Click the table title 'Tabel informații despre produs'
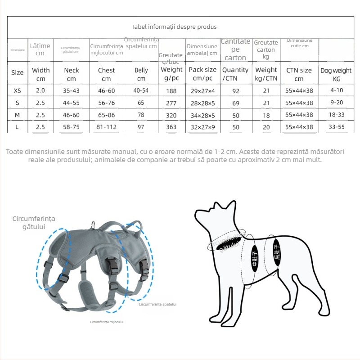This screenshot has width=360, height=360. (x=174, y=27)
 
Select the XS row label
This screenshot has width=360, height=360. (x=17, y=90)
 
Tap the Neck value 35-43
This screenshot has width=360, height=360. (x=72, y=90)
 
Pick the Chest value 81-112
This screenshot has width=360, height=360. (x=106, y=127)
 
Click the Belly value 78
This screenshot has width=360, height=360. (x=141, y=115)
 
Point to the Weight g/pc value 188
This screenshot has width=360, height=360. (x=171, y=90)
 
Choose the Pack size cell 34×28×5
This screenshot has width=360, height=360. (x=202, y=115)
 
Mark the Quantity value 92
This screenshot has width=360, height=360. (x=235, y=90)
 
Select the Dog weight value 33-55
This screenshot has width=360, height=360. (x=336, y=127)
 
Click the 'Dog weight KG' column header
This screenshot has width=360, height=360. (x=336, y=74)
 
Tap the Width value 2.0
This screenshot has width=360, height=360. (x=40, y=90)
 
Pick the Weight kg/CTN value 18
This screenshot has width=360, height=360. (x=266, y=115)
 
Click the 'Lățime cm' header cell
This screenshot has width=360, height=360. (x=40, y=49)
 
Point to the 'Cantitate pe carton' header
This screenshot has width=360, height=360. (x=235, y=49)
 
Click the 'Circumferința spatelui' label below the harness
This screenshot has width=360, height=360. (x=157, y=305)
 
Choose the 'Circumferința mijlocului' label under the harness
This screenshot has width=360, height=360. (x=107, y=322)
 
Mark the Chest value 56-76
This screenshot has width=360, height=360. (x=106, y=103)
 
